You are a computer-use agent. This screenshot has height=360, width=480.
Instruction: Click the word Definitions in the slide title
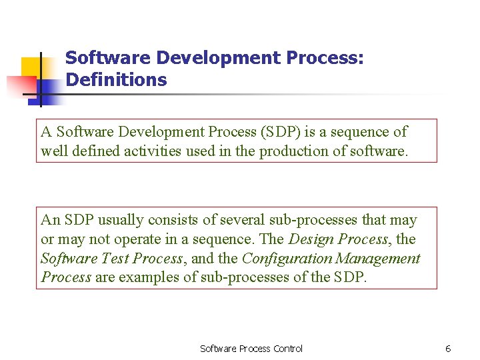(116, 80)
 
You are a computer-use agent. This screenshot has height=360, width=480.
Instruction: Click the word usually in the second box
(123, 220)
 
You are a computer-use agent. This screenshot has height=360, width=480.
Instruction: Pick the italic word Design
(311, 239)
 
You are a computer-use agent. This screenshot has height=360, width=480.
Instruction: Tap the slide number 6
(448, 349)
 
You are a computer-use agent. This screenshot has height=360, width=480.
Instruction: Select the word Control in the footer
(287, 349)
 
